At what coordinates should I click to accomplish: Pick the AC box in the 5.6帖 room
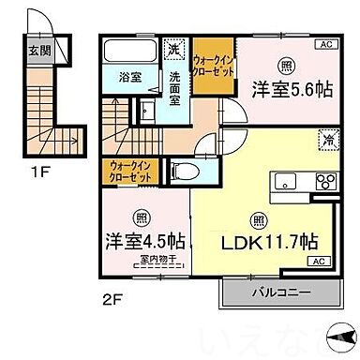[x=327, y=44]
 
